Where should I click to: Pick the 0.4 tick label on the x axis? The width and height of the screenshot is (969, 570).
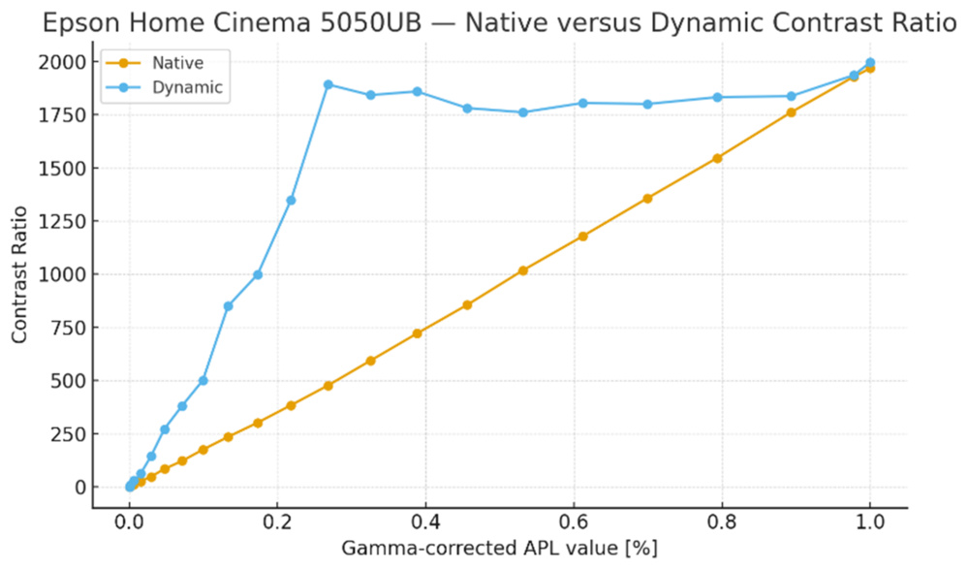tap(425, 522)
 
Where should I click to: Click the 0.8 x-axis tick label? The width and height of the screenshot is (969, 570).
tap(722, 522)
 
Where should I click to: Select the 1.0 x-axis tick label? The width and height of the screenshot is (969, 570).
tap(870, 522)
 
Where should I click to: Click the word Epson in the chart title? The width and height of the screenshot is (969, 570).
tap(78, 22)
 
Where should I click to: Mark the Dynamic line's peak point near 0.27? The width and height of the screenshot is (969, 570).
tap(328, 84)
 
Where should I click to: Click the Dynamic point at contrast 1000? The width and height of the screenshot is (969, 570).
tap(258, 274)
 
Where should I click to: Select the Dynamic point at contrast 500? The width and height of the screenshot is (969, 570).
tap(203, 380)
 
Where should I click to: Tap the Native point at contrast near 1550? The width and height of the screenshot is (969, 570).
tap(718, 158)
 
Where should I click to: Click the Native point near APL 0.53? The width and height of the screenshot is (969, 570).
tap(523, 270)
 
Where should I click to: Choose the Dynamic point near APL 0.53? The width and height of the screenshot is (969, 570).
tap(523, 112)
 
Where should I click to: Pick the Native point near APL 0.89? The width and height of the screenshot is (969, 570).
tap(791, 112)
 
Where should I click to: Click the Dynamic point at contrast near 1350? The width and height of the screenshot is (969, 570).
tap(291, 201)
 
